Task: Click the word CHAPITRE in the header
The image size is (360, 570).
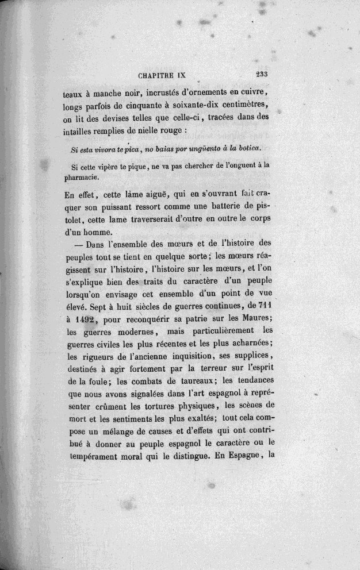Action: click(158, 74)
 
